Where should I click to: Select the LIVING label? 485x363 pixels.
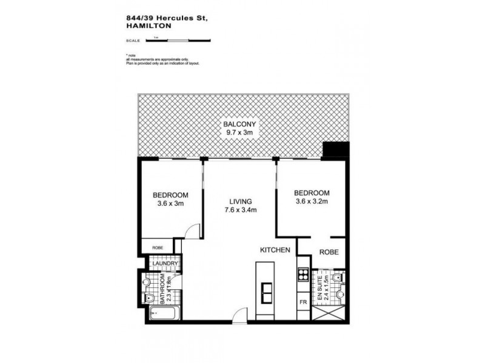[x=240, y=201]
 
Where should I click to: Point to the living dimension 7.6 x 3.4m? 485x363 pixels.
[x=240, y=211]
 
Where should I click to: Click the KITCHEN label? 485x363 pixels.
[x=275, y=250]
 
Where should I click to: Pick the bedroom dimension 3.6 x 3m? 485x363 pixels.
[x=170, y=204]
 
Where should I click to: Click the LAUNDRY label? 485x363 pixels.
[x=164, y=264]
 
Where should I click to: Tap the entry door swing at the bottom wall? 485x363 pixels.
[x=240, y=314]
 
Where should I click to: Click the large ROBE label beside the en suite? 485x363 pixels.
[x=328, y=252]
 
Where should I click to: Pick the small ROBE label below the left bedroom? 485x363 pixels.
[x=157, y=247]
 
